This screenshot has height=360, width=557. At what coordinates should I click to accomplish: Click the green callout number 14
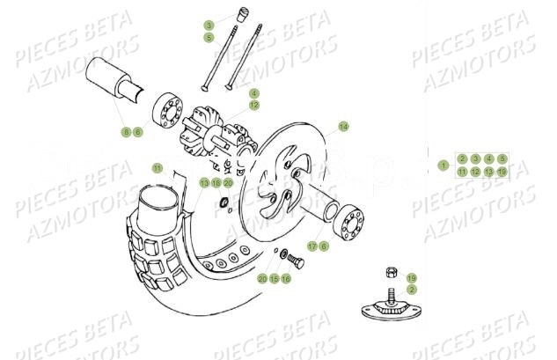click(x=343, y=126)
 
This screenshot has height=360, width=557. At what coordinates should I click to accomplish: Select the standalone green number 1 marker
click(x=443, y=165)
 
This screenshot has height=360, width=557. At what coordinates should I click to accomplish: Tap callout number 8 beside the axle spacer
click(x=126, y=132)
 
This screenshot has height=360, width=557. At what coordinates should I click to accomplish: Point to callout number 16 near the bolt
click(x=286, y=278)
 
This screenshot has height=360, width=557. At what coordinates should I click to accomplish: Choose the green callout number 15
click(x=274, y=278)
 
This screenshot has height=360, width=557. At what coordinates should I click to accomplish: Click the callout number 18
click(x=216, y=182)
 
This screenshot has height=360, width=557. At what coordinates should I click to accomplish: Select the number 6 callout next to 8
click(x=138, y=132)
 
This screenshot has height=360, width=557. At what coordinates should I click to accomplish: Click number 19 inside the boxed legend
click(x=502, y=172)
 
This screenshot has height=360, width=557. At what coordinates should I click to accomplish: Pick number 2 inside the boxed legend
click(x=462, y=158)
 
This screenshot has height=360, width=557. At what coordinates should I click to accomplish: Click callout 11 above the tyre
click(x=157, y=167)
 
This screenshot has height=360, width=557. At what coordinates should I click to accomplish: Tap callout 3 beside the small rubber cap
click(x=209, y=25)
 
